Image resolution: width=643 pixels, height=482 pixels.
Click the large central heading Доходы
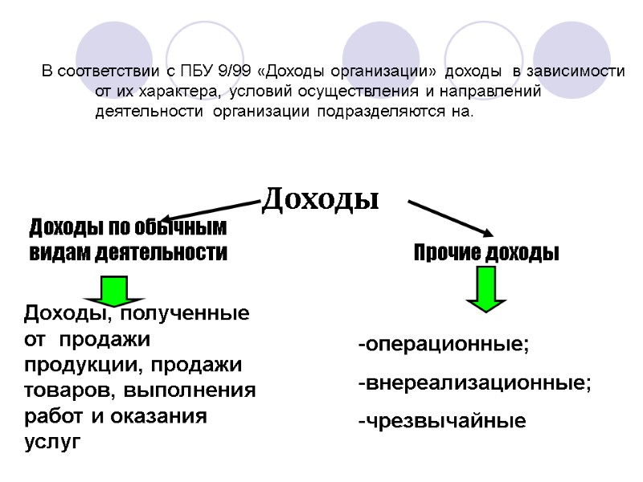pyautogui.click(x=320, y=198)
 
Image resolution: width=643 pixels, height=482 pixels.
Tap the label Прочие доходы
pyautogui.click(x=486, y=253)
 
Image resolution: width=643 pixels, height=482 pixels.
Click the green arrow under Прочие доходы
pyautogui.click(x=485, y=288)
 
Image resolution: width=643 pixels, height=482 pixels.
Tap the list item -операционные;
pyautogui.click(x=444, y=345)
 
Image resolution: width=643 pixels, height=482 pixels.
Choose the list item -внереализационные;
pyautogui.click(x=474, y=383)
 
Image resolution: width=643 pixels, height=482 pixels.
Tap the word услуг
pyautogui.click(x=53, y=441)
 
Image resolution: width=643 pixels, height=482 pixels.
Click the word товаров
pyautogui.click(x=60, y=391)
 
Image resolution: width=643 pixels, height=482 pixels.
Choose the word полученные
pyautogui.click(x=187, y=312)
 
